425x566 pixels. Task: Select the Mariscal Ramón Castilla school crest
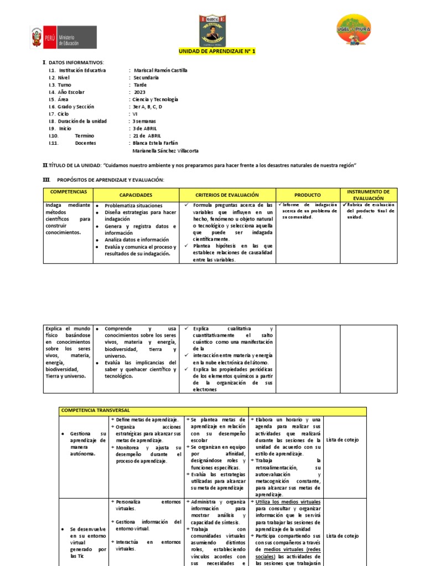(212, 31)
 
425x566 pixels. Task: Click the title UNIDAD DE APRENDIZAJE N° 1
(217, 51)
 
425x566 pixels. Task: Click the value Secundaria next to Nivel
(146, 78)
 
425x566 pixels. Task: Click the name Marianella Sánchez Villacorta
(165, 150)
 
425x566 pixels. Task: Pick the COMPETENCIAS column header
(69, 191)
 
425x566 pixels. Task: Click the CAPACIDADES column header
(136, 195)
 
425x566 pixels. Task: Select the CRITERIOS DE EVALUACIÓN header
(227, 195)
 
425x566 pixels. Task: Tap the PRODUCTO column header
(307, 195)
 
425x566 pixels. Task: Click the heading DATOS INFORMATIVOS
(76, 62)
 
